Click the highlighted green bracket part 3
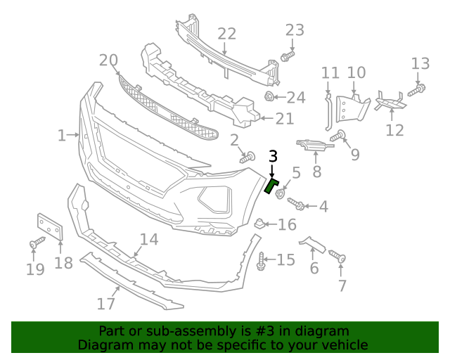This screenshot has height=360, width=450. [271, 185]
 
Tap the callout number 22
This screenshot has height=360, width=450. [226, 34]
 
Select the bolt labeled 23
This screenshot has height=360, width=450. [287, 55]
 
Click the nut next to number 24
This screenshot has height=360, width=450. [269, 96]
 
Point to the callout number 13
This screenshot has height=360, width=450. [420, 64]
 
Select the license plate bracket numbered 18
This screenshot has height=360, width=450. [49, 228]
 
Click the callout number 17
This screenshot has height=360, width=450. [105, 304]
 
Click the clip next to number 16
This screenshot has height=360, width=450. [258, 224]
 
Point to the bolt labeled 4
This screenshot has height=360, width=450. [296, 204]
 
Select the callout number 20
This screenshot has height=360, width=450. [109, 60]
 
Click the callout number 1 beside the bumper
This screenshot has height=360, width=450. [62, 134]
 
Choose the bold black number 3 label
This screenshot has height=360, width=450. [273, 156]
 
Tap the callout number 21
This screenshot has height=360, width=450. [284, 119]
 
